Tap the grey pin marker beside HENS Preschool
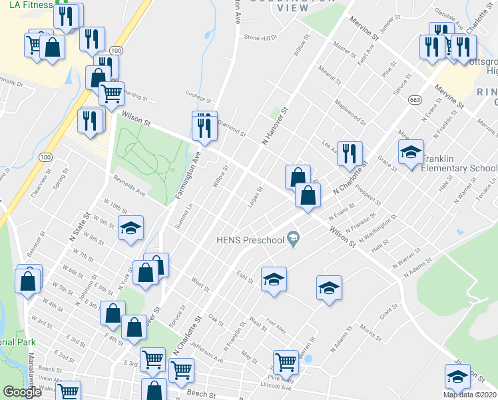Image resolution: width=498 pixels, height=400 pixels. (x=292, y=238)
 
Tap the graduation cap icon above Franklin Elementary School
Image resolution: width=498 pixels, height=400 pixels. (x=411, y=152)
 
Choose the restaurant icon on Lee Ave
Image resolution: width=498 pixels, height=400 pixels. (x=350, y=154)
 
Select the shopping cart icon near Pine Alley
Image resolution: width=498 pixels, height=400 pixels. (x=286, y=362)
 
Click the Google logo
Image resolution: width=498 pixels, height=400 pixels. (x=22, y=393)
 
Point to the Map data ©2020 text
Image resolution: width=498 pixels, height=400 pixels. (x=469, y=395)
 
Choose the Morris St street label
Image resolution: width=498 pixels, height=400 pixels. (x=367, y=331)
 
